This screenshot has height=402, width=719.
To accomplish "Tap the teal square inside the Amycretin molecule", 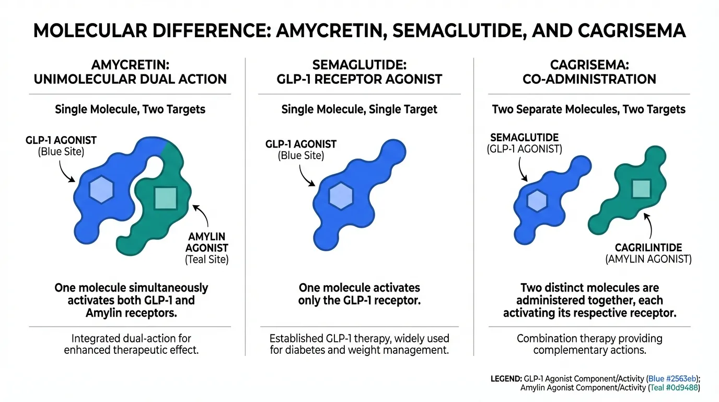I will coord(166,198).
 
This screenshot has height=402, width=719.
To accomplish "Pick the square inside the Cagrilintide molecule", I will coord(641,188).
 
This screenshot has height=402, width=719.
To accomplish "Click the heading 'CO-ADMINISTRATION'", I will coord(589,80).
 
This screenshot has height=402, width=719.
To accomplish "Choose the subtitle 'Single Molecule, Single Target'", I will coord(359,109).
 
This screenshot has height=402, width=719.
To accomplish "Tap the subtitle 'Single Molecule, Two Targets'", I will coord(130,109).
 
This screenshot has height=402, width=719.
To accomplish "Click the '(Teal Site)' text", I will coord(207,259).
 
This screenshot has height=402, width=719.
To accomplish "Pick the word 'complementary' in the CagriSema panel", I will coord(567,350).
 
